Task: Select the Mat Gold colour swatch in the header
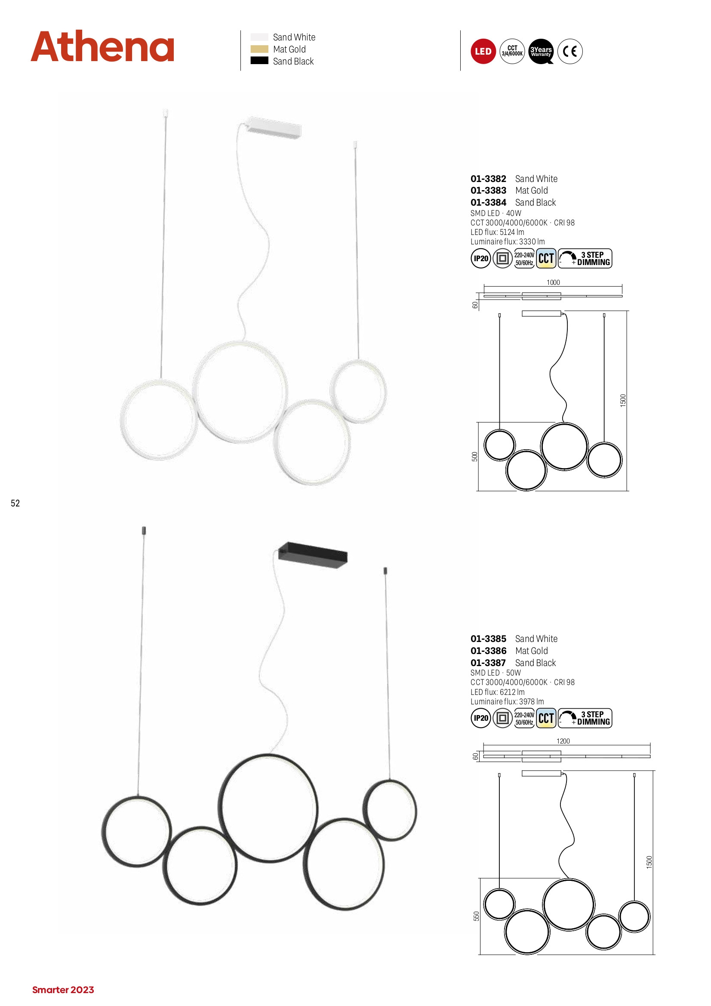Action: click(x=259, y=49)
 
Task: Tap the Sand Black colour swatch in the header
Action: click(x=259, y=61)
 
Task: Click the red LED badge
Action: click(x=483, y=51)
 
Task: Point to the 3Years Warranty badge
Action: click(x=541, y=51)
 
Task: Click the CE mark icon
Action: click(x=570, y=51)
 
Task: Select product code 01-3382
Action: click(x=488, y=179)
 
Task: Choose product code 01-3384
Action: click(x=488, y=202)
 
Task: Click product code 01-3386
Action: click(x=488, y=651)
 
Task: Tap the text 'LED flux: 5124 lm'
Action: click(x=497, y=232)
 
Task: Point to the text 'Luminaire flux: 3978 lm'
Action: click(x=507, y=701)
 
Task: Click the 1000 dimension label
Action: click(x=553, y=283)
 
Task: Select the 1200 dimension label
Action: click(x=563, y=741)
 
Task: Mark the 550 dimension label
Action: click(x=476, y=916)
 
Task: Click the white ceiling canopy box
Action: click(x=274, y=128)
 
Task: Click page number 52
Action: click(x=15, y=503)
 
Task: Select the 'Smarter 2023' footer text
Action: click(x=63, y=990)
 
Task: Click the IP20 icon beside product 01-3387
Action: click(x=480, y=718)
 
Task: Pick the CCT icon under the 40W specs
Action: click(x=546, y=259)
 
